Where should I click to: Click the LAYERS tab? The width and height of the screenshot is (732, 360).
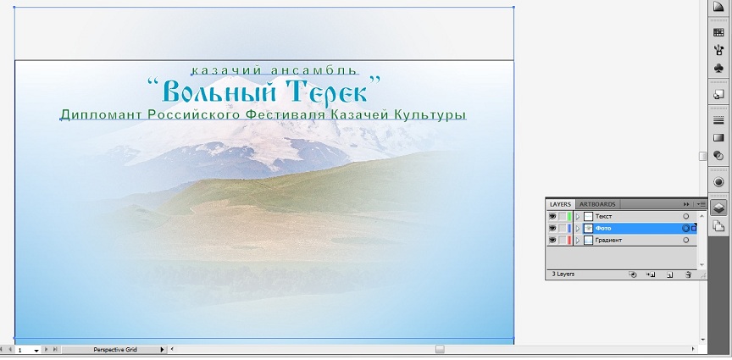coord(560,204)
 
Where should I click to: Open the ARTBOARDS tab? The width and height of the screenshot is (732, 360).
coord(598,204)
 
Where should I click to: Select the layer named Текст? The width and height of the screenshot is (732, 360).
coord(603,217)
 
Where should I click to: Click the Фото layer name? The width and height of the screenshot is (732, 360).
coord(603,229)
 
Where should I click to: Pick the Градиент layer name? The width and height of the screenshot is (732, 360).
coord(609,240)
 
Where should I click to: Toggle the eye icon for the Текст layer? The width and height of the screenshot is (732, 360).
coord(552,216)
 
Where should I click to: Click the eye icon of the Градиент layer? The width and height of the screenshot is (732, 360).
coord(552,240)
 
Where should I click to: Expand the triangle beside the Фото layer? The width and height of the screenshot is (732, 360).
coord(578,229)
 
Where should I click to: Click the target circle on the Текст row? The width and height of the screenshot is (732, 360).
coord(685,217)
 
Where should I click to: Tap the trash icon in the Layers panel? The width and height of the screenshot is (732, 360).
coord(687,274)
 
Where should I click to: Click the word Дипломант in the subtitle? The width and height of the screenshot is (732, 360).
coord(101,114)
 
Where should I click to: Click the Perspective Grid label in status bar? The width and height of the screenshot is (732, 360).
coord(115,349)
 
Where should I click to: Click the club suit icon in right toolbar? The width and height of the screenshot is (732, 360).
coord(719,69)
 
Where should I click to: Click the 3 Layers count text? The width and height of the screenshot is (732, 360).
coord(563,274)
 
